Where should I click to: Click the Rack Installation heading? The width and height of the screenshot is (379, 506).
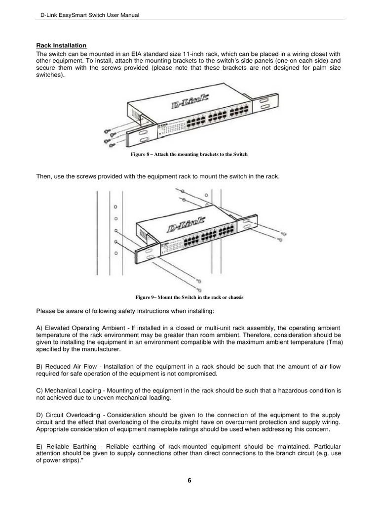(x=58, y=45)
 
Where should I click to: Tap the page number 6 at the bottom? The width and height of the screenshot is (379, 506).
(x=189, y=482)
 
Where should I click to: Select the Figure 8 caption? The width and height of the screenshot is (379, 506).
(x=189, y=155)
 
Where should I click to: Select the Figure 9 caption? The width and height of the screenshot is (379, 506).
(x=189, y=297)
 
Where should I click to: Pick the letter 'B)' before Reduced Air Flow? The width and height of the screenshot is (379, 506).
(x=40, y=367)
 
